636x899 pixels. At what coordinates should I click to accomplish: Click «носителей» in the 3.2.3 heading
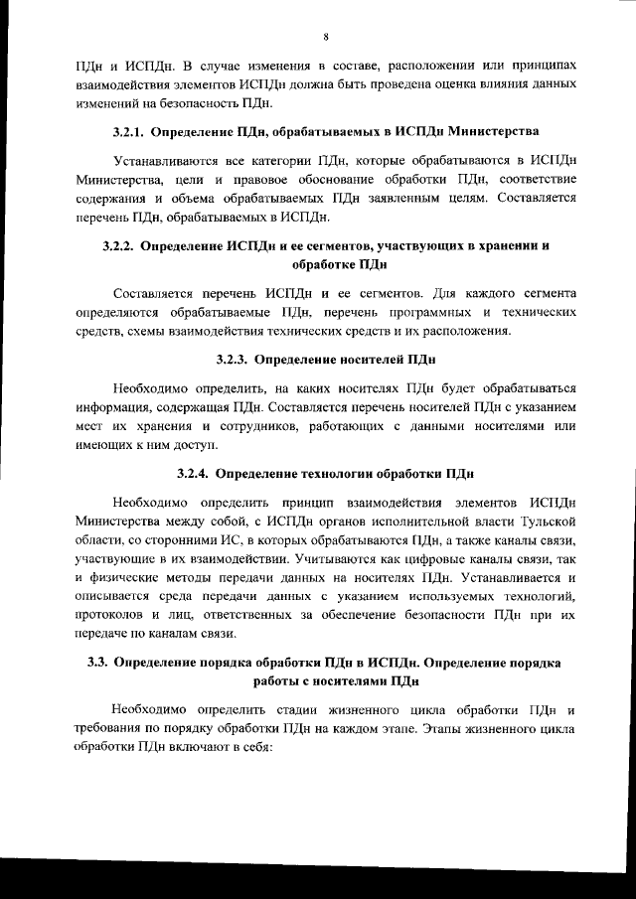pyautogui.click(x=364, y=358)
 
